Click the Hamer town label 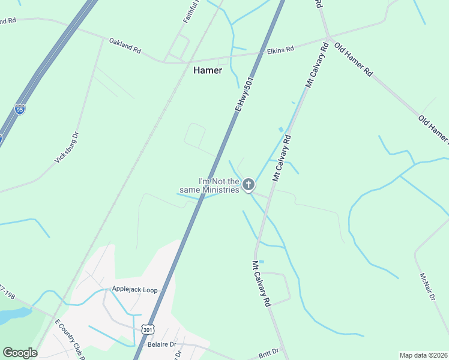coord(208,70)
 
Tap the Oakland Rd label coord(124,46)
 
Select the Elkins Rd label coord(280,50)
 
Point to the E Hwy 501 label coord(246,93)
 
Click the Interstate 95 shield coord(20,110)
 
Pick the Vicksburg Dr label coord(67,148)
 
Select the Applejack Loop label coord(134,290)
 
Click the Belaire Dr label coord(161,345)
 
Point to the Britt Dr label coord(269,352)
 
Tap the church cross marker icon coord(249,185)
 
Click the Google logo coord(20,353)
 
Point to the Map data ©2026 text coord(423,355)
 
